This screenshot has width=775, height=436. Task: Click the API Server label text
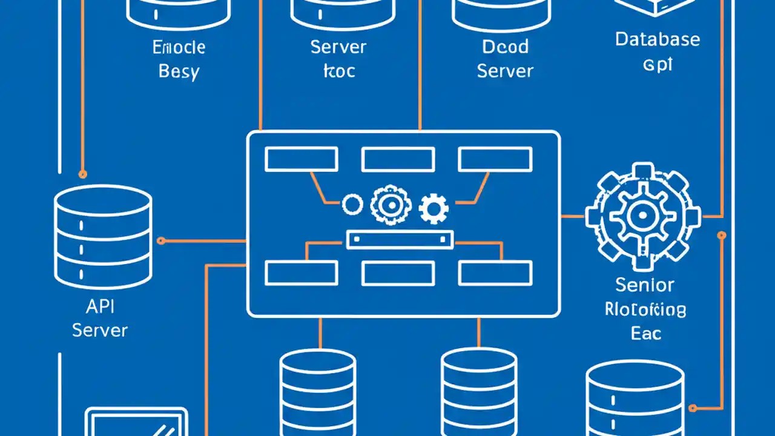99,319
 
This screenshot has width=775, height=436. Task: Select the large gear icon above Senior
643,216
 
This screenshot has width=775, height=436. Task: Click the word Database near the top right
658,40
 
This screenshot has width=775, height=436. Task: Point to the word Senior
644,285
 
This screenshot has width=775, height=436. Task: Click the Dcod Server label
505,59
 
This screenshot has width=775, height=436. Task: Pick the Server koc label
338,59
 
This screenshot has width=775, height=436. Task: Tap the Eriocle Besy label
179,59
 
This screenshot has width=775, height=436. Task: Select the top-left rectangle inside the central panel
302,159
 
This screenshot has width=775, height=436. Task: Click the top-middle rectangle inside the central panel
398,159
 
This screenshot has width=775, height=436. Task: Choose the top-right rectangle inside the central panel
495,159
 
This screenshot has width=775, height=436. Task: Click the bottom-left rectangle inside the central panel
302,272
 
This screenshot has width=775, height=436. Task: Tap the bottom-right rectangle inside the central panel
495,272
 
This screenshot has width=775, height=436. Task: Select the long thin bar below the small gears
399,240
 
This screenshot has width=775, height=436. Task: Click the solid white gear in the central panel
434,208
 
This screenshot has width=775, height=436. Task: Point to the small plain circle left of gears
352,205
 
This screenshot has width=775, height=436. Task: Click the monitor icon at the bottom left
136,423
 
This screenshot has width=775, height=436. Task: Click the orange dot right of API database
160,241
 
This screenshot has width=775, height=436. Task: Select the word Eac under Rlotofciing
645,333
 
